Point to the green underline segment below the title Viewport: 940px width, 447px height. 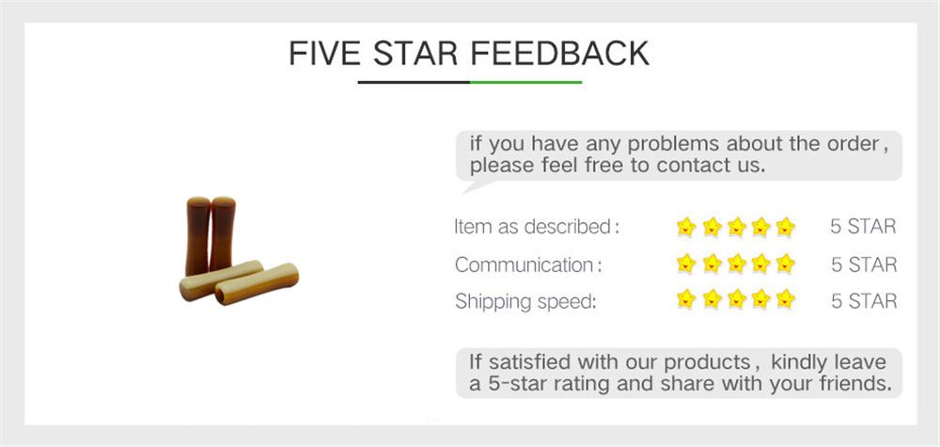[x=525, y=83]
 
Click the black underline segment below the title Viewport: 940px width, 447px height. [x=414, y=83]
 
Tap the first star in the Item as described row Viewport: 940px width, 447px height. [x=686, y=227]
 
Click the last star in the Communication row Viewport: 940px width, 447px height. [x=786, y=264]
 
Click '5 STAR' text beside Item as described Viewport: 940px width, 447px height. [x=863, y=227]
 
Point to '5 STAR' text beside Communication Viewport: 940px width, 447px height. [x=863, y=264]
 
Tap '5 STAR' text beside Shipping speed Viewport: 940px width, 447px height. [x=863, y=301]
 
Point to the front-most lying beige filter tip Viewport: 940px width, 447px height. [x=257, y=283]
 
